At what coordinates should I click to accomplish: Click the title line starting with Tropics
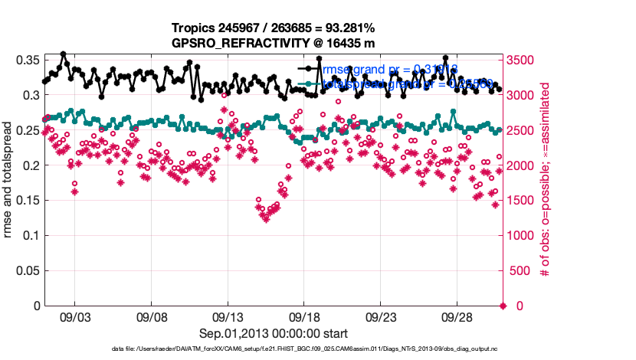(x=273, y=28)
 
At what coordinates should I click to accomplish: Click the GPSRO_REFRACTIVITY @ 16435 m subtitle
(x=273, y=43)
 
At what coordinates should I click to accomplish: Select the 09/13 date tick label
(x=228, y=317)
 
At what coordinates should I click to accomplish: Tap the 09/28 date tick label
(x=457, y=317)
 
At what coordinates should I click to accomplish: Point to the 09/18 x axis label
(x=304, y=317)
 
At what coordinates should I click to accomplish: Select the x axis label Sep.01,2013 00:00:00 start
(x=273, y=333)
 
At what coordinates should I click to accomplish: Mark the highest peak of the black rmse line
(x=63, y=54)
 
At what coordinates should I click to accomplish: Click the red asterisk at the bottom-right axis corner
(x=503, y=306)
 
